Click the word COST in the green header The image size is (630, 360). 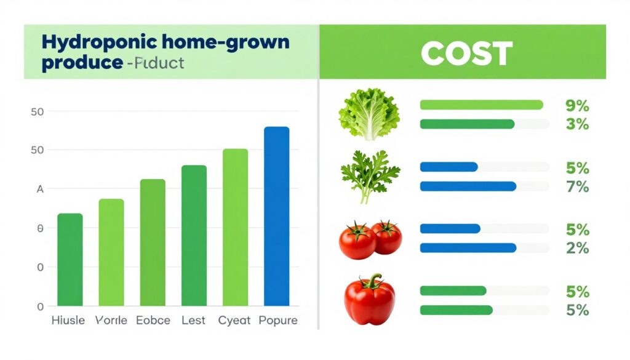point(466,54)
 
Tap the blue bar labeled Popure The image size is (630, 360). point(276,215)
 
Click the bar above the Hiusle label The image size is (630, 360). point(70,259)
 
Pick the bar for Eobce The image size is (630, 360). point(153,242)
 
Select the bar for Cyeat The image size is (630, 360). point(235,227)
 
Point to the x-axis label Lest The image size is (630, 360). point(194,321)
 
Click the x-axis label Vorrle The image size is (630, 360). point(111,321)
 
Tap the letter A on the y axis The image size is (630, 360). point(40,190)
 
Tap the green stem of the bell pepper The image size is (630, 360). point(373,281)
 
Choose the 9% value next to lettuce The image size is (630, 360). point(576,106)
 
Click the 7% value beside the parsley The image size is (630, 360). point(576,186)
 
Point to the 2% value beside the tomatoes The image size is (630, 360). point(576,248)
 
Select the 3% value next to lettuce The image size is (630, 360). point(576,124)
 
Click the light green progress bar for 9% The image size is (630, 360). point(481,105)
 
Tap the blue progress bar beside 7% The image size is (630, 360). point(468,186)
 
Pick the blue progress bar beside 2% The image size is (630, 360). point(468,247)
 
